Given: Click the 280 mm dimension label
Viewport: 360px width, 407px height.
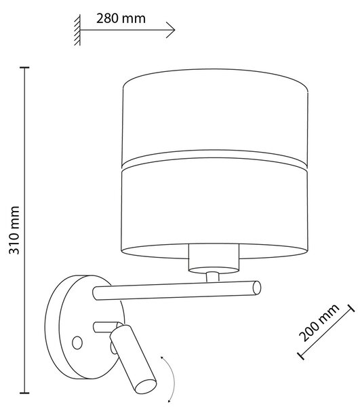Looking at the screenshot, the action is click(121, 19).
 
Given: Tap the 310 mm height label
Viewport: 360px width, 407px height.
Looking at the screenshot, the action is click(14, 230).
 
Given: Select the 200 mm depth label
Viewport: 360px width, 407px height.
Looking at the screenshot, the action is click(319, 322).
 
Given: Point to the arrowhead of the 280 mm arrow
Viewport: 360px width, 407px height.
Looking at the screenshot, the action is click(171, 30).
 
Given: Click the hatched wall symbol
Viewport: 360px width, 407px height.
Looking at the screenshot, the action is click(77, 30).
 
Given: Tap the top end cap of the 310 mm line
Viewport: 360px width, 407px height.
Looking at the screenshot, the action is click(24, 67).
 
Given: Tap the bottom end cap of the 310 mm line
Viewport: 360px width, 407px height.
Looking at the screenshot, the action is click(24, 393).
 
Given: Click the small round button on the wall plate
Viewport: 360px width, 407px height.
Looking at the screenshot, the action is click(77, 343).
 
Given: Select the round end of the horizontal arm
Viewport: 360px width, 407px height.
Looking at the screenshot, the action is click(257, 288).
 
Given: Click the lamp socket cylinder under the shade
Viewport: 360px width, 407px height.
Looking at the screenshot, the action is click(214, 259).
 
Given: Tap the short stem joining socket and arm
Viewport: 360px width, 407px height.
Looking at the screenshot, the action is click(212, 277).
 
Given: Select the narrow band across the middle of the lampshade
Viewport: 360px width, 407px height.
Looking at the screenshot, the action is click(214, 161).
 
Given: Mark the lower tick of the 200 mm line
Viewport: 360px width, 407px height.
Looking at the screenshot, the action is click(300, 355).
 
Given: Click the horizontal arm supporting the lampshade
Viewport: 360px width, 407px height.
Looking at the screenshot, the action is click(177, 290).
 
